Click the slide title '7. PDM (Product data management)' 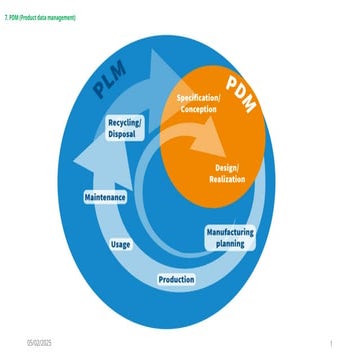pyautogui.click(x=40, y=18)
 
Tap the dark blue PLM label pyautogui.click(x=113, y=85)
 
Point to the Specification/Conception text pyautogui.click(x=198, y=101)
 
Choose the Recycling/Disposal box pyautogui.click(x=125, y=126)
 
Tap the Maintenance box pyautogui.click(x=105, y=197)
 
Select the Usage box pyautogui.click(x=120, y=243)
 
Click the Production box pyautogui.click(x=176, y=279)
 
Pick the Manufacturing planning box pyautogui.click(x=230, y=237)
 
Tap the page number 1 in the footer pyautogui.click(x=329, y=343)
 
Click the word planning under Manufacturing pyautogui.click(x=230, y=243)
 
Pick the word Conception pyautogui.click(x=198, y=107)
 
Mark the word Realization pyautogui.click(x=228, y=178)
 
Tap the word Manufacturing pyautogui.click(x=230, y=231)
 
